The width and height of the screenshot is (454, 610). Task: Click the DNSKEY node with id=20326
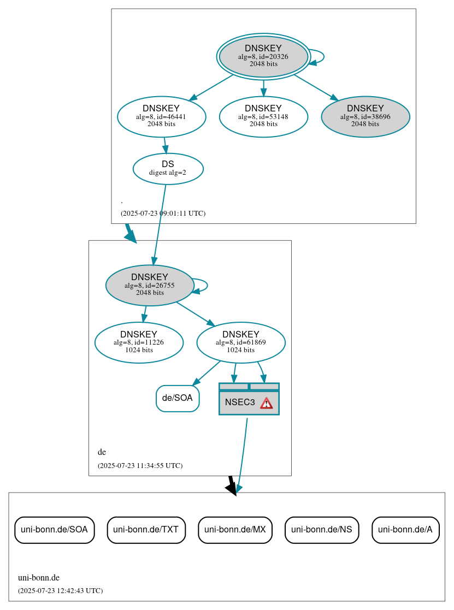(x=263, y=56)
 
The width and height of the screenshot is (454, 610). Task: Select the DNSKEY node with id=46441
(x=161, y=116)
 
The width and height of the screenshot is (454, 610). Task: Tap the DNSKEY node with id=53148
(x=263, y=116)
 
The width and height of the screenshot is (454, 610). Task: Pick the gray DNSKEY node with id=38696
(x=365, y=116)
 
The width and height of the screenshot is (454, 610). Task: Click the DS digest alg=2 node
(x=168, y=168)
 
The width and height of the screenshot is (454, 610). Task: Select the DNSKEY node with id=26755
(x=150, y=285)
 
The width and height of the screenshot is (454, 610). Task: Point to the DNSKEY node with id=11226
(x=139, y=342)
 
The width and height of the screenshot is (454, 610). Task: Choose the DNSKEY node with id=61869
(x=241, y=342)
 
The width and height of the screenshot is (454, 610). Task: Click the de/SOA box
(x=178, y=398)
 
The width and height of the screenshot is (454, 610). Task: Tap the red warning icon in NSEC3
(x=266, y=403)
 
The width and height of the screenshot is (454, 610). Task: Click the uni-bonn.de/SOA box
(x=55, y=530)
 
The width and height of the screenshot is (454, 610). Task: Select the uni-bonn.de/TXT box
(x=146, y=530)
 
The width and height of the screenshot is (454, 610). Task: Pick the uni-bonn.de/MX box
(x=235, y=530)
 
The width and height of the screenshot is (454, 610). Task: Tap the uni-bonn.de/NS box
(x=322, y=530)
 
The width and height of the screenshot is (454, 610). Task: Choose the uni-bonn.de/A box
(x=405, y=530)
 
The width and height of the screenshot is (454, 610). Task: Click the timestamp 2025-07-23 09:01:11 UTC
(x=163, y=214)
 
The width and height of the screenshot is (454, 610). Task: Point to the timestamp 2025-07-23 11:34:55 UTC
(x=140, y=466)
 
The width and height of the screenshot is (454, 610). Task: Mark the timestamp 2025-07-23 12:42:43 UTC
(x=60, y=591)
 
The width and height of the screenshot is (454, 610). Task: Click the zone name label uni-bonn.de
(x=39, y=578)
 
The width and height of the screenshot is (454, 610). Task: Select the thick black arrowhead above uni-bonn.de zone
(x=232, y=488)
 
